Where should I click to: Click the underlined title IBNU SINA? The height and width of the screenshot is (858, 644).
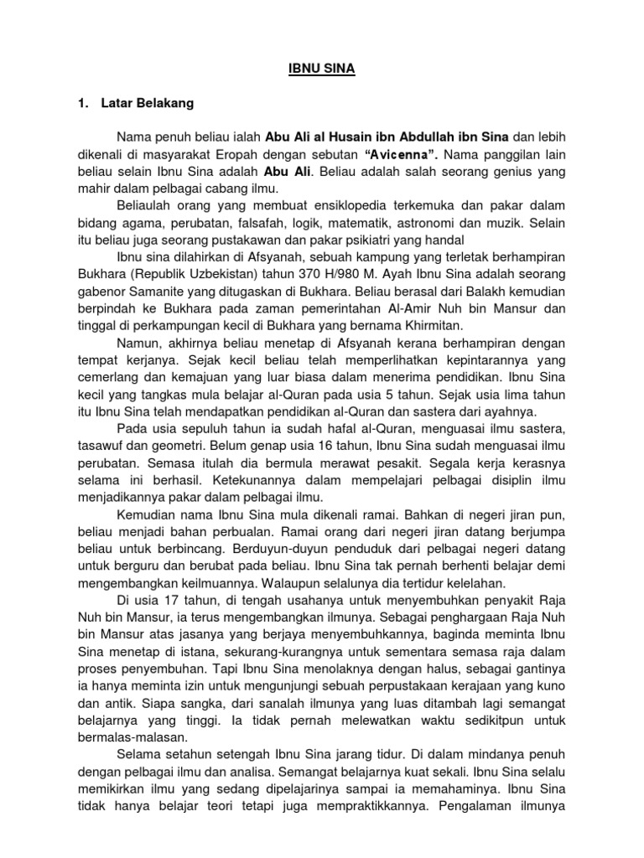(x=322, y=70)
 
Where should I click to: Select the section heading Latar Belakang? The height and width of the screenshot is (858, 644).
(x=147, y=103)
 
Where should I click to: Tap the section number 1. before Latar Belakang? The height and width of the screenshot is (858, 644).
(x=83, y=103)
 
